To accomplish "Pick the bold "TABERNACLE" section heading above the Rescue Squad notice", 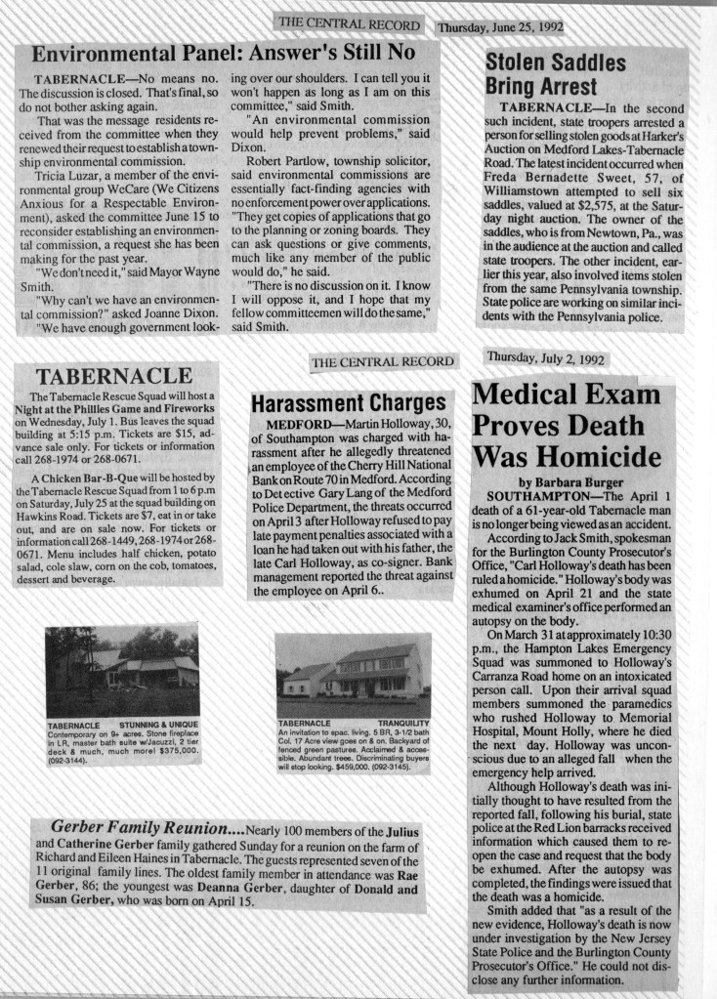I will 114,376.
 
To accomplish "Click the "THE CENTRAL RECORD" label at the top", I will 348,23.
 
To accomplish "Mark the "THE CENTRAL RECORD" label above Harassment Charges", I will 383,362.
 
